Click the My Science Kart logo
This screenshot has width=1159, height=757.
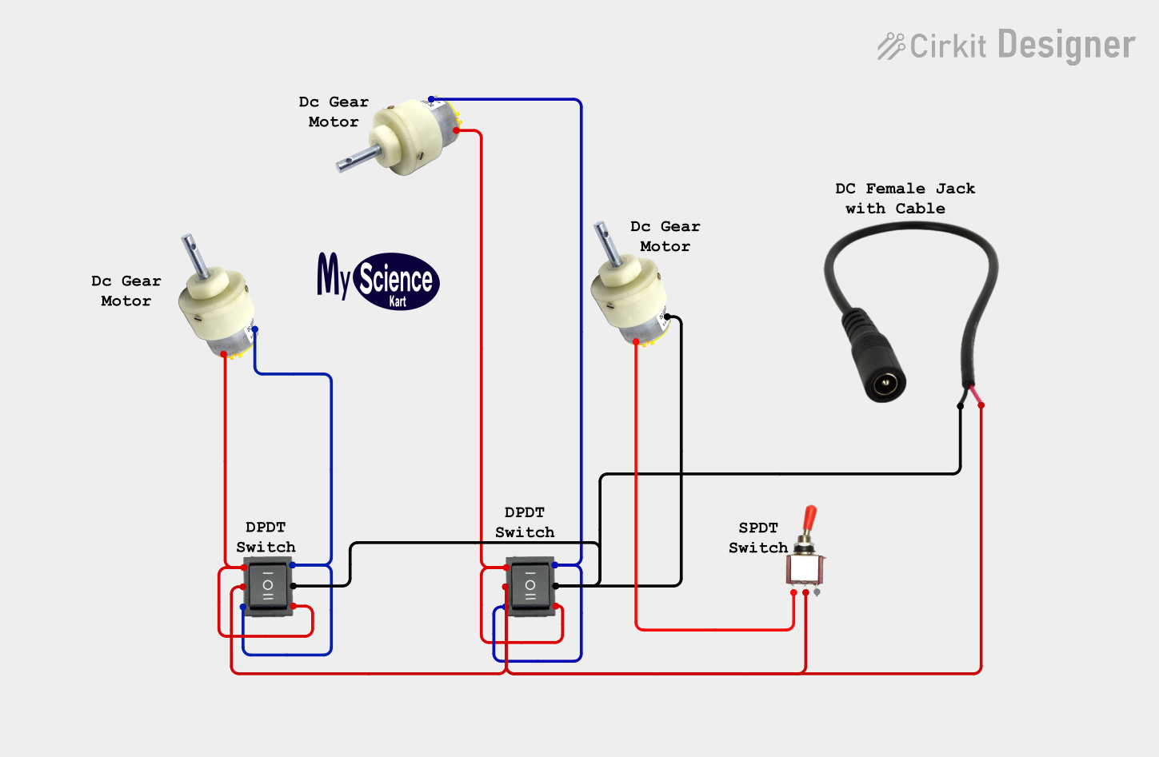378,281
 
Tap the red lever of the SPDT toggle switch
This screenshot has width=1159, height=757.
809,520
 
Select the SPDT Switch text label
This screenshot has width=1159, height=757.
757,538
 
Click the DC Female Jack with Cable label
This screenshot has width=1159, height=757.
905,198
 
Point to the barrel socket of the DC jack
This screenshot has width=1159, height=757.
885,384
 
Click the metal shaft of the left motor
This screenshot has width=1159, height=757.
193,254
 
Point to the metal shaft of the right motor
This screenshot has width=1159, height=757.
605,244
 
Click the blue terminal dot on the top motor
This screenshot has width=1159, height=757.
431,100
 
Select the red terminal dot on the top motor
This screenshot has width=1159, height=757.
457,130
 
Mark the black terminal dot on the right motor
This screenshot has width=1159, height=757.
667,317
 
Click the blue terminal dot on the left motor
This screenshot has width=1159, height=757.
255,329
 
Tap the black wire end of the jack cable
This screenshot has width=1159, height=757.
961,406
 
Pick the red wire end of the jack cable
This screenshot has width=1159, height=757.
981,405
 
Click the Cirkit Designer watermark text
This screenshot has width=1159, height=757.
1007,46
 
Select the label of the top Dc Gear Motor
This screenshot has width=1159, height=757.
334,112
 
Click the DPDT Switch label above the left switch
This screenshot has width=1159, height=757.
266,537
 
